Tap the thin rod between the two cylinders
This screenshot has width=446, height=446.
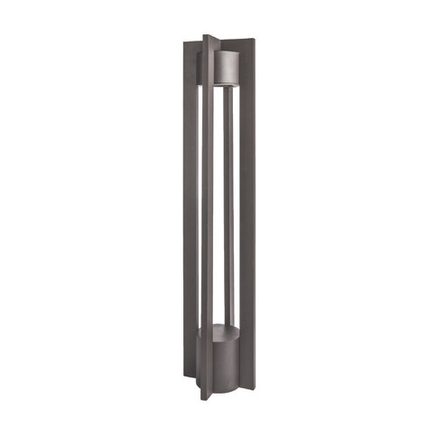click(228, 208)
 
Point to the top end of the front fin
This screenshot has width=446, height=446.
click(209, 38)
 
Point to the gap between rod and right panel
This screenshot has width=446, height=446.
click(236, 208)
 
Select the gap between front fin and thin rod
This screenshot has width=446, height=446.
click(219, 208)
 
